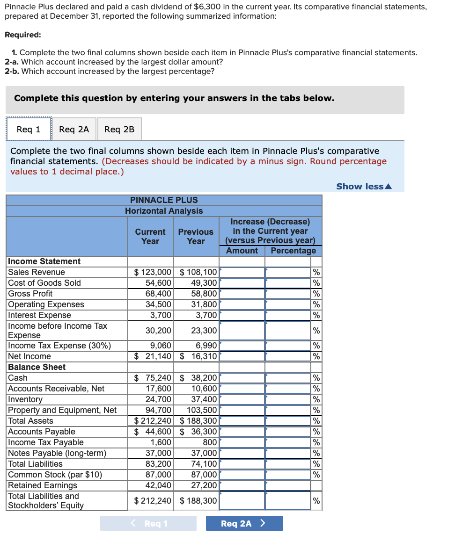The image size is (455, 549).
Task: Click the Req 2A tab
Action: click(74, 129)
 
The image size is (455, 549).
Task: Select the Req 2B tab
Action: click(119, 129)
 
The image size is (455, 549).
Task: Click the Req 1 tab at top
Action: click(28, 129)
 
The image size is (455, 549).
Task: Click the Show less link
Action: click(364, 187)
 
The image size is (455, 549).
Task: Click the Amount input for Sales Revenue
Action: click(242, 272)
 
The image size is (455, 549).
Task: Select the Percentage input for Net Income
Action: click(288, 356)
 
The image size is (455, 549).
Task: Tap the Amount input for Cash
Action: click(242, 378)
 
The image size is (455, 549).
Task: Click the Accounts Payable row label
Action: click(42, 432)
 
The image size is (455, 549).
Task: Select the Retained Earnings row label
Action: click(43, 485)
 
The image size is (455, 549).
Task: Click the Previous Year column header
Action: click(196, 237)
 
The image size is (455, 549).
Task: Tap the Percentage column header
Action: click(293, 251)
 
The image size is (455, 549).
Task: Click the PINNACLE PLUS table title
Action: click(164, 200)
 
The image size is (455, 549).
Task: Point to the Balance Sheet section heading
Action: click(37, 367)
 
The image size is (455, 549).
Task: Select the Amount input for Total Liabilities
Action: click(242, 464)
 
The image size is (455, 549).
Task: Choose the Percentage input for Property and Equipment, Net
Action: click(288, 410)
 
